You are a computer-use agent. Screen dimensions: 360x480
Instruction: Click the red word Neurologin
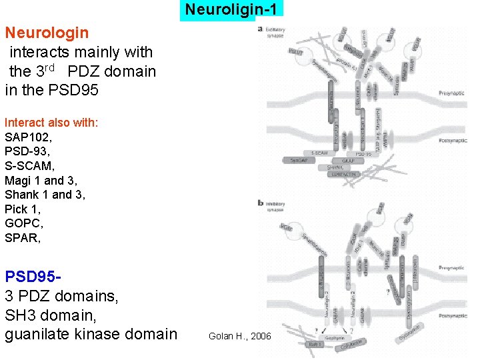tap(47, 32)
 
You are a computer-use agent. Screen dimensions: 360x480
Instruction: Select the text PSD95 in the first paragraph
tap(74, 90)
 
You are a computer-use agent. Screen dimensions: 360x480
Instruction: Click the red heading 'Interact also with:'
tap(51, 123)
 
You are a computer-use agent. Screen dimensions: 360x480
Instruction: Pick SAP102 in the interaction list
tap(28, 137)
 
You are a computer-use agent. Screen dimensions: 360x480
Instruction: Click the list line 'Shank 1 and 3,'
tap(45, 195)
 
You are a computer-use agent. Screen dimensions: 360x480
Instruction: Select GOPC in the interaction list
tap(23, 223)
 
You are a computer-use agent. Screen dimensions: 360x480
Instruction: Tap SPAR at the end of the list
tap(22, 238)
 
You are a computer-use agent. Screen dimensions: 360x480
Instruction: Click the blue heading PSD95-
tap(34, 275)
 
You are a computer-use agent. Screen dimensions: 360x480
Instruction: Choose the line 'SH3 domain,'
tap(45, 314)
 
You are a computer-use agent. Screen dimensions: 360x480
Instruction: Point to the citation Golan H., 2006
tap(239, 336)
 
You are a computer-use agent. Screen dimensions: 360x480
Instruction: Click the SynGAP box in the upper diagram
tap(297, 160)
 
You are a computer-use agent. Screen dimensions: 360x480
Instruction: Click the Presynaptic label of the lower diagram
tap(452, 267)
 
